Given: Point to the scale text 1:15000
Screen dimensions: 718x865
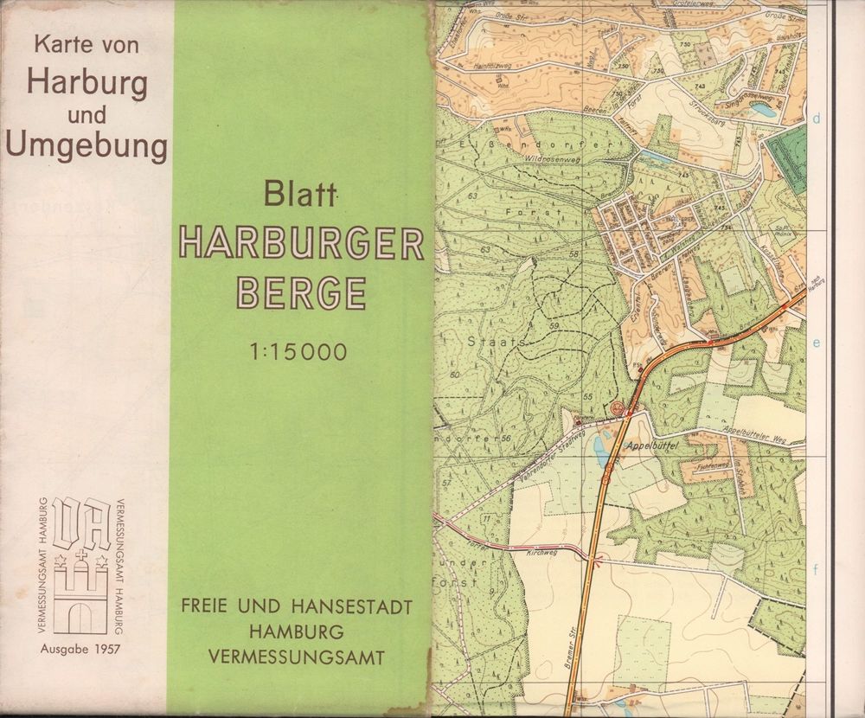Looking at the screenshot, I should coord(298,352).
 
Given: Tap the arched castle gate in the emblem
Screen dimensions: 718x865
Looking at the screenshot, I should coord(80,617).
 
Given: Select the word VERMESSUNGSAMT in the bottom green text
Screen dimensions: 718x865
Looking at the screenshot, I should coord(297,657).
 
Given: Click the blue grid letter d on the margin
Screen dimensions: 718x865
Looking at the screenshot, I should coord(817,118).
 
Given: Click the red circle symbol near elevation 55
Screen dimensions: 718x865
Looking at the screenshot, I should coord(617,407).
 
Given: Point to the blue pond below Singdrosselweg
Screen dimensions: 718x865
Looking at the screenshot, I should coord(762,109).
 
